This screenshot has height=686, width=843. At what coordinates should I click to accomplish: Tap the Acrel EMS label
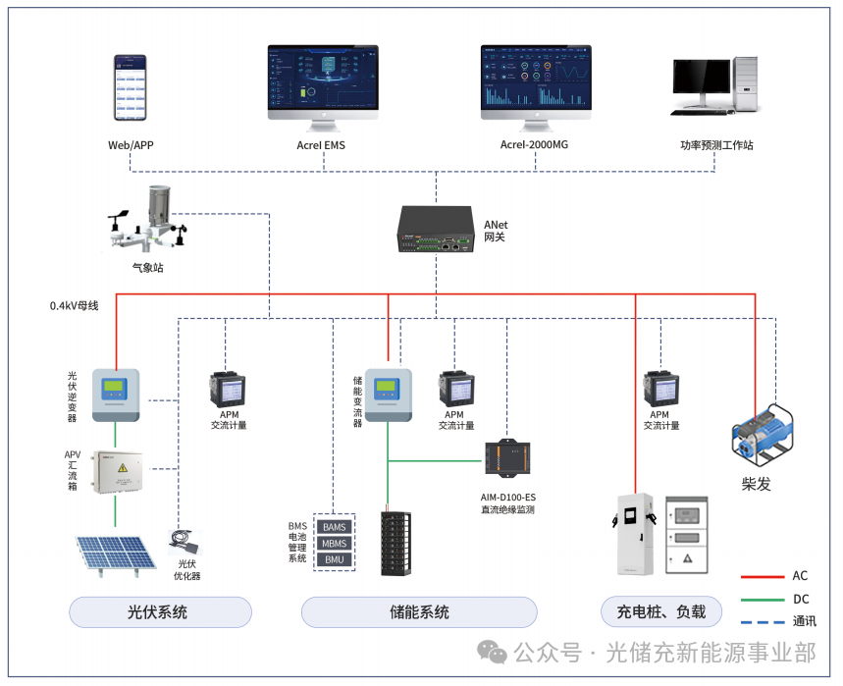click(x=321, y=145)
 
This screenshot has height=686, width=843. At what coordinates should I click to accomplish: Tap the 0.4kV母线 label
click(x=75, y=305)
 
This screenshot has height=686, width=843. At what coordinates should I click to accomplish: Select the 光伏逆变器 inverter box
click(x=115, y=394)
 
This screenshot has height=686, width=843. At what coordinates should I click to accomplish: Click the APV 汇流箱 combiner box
click(x=116, y=472)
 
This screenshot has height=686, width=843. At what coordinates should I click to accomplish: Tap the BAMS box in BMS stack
click(x=335, y=527)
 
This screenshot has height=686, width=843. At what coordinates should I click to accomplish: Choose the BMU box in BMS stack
click(x=335, y=559)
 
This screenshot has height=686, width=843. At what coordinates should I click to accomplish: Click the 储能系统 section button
click(x=419, y=612)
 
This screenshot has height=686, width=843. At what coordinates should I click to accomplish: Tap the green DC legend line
click(x=767, y=599)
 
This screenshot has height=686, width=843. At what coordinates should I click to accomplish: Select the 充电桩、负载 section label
click(x=660, y=612)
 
